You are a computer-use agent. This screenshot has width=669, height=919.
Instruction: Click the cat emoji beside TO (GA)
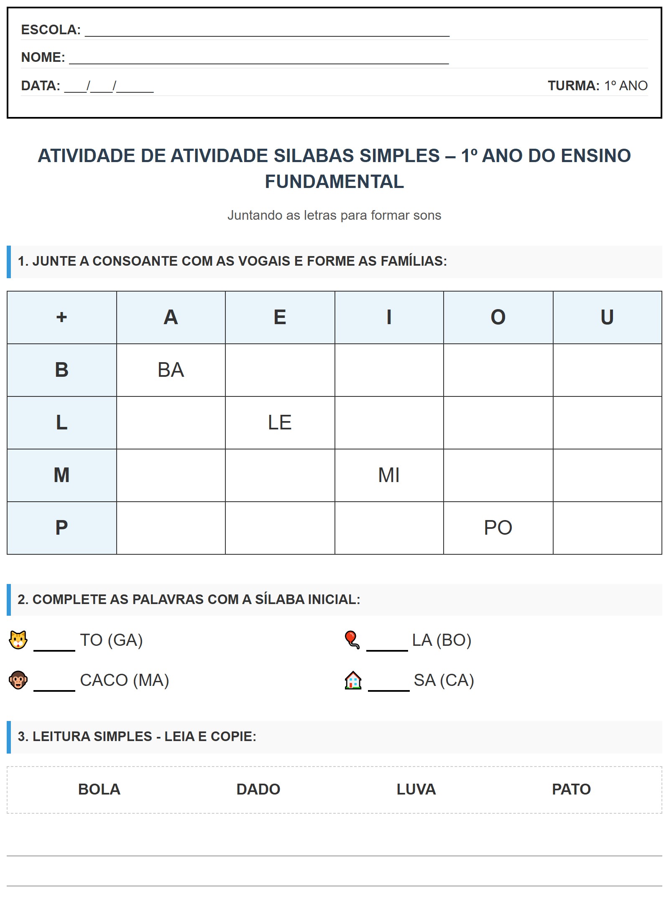click(x=18, y=640)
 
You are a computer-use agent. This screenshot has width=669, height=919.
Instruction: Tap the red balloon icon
click(x=352, y=640)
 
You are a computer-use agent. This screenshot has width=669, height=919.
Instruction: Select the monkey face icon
click(x=18, y=680)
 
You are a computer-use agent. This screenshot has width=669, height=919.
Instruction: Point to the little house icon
click(x=353, y=680)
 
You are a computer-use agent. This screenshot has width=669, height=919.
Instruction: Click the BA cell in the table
click(x=171, y=370)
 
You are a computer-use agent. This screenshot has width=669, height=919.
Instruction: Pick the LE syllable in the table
click(x=280, y=422)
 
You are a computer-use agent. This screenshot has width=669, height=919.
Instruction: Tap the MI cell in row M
click(x=389, y=475)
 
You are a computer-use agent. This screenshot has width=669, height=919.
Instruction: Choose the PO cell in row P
click(x=498, y=528)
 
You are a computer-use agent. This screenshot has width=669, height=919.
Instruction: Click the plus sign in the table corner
click(x=61, y=317)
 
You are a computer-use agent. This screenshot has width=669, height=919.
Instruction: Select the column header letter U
click(x=607, y=317)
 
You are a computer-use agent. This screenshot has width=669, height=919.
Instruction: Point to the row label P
click(x=61, y=528)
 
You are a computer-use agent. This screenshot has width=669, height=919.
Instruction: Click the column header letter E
click(x=280, y=317)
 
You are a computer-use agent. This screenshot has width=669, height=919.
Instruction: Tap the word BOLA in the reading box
click(x=99, y=789)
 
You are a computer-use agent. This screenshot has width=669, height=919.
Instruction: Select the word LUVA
click(x=416, y=789)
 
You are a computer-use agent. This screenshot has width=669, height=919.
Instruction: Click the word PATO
click(x=571, y=789)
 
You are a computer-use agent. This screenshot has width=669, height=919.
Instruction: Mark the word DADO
click(x=258, y=789)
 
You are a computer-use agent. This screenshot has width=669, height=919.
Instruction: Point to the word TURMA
click(x=573, y=86)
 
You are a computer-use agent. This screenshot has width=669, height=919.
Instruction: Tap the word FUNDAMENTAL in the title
click(x=334, y=181)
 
